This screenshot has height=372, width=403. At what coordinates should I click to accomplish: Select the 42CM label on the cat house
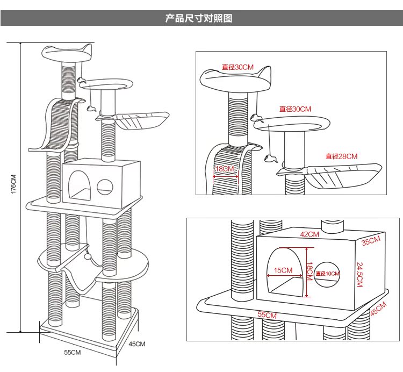310,234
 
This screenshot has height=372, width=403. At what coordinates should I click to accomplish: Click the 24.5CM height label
359,274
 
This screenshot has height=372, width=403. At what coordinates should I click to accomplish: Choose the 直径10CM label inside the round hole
328,274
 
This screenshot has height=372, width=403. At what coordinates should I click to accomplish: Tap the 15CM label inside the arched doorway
283,270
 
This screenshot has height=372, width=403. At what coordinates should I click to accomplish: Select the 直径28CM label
341,156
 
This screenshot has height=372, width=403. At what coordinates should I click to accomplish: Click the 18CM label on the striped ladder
225,169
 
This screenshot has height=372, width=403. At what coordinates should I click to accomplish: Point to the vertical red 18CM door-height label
310,271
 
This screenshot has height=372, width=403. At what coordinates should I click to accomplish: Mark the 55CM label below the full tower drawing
73,353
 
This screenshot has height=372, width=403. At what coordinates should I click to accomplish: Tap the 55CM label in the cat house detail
267,315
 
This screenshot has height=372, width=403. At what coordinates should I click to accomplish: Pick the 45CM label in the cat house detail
378,309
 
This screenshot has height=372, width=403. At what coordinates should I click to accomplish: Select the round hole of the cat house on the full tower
105,186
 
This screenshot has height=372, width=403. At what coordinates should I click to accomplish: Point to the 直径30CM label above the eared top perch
238,67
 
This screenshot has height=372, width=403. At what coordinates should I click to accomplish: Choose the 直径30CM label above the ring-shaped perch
295,109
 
